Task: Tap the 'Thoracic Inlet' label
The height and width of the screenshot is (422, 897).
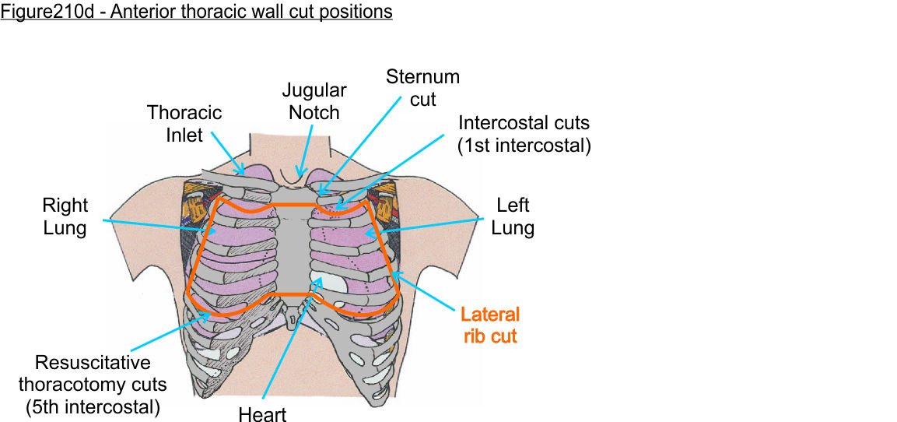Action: pyautogui.click(x=184, y=124)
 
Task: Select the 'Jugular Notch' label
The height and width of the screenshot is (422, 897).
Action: pyautogui.click(x=314, y=101)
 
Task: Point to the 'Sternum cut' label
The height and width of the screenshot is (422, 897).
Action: pyautogui.click(x=422, y=88)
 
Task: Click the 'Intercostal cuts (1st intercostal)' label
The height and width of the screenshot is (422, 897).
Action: pyautogui.click(x=524, y=134)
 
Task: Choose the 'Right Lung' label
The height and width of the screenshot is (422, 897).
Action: pyautogui.click(x=65, y=216)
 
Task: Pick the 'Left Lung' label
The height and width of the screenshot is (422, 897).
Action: pyautogui.click(x=513, y=216)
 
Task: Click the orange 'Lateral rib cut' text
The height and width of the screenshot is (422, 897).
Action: pyautogui.click(x=489, y=325)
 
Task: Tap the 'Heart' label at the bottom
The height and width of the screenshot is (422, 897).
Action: pyautogui.click(x=263, y=413)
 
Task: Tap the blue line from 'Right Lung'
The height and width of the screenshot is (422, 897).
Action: pyautogui.click(x=156, y=226)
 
